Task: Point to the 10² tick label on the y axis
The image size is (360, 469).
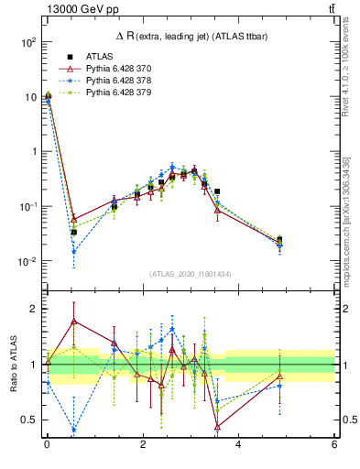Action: click(x=27, y=42)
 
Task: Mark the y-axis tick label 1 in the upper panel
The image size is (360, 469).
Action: click(x=34, y=151)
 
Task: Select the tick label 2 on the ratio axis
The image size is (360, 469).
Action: click(x=34, y=309)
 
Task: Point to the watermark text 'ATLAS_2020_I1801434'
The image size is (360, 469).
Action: click(x=190, y=275)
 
